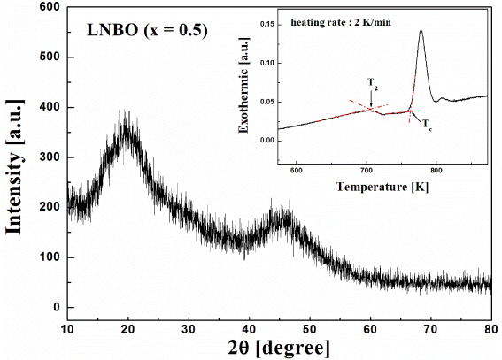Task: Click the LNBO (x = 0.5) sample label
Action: [x=147, y=30]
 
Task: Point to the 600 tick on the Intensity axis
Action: [x=48, y=7]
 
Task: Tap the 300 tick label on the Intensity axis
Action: [x=48, y=157]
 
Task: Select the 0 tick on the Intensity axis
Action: [x=55, y=308]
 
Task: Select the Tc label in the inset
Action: [x=427, y=122]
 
